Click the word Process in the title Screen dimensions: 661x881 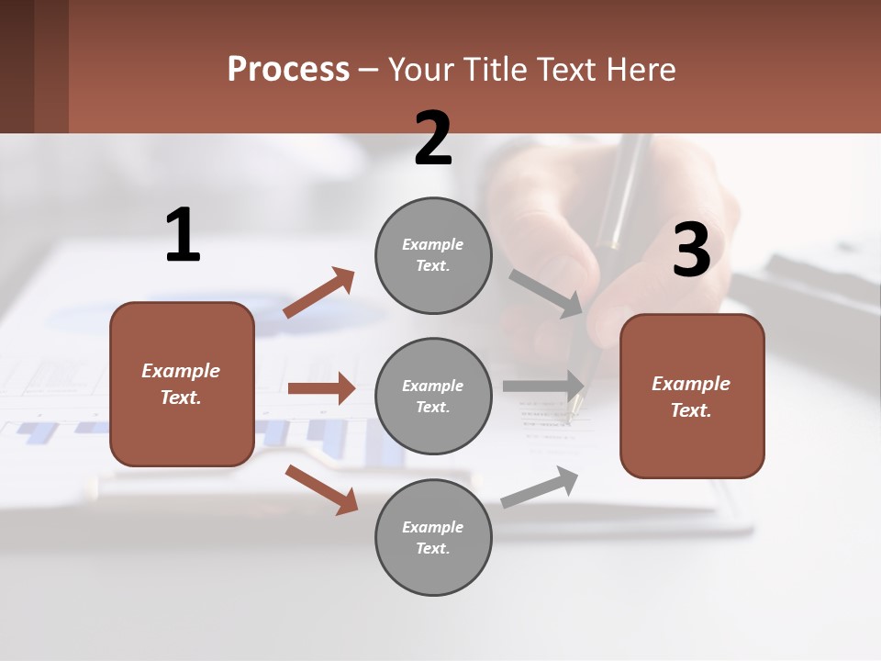[x=288, y=70]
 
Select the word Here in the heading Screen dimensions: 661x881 [x=638, y=70]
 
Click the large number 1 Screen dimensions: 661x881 [x=183, y=235]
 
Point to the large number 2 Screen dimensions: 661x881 [x=433, y=139]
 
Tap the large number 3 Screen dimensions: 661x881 [x=691, y=250]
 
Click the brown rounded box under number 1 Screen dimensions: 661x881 [x=182, y=384]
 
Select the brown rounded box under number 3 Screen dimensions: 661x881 [x=692, y=397]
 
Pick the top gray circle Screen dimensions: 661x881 [x=433, y=255]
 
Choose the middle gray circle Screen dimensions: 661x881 [x=433, y=396]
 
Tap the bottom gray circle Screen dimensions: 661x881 [x=433, y=537]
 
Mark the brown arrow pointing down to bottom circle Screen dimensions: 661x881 [x=321, y=488]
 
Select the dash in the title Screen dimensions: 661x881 [x=369, y=70]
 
